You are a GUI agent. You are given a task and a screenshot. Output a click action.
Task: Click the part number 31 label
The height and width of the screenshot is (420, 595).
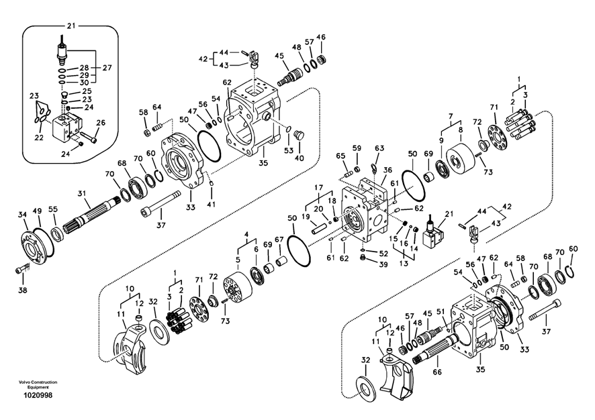[83, 194]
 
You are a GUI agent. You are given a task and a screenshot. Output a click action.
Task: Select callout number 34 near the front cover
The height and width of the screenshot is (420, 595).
[22, 215]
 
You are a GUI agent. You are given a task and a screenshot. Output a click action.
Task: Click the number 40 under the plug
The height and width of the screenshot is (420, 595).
[300, 158]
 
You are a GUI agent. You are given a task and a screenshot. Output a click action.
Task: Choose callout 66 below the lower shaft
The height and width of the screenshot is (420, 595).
[438, 371]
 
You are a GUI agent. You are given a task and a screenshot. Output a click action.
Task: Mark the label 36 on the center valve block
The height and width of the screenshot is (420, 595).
[387, 170]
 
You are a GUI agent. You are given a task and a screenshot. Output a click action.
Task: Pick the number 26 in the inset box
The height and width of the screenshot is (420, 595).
[101, 122]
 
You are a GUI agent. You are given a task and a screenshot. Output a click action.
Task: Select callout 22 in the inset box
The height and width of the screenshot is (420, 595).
[39, 138]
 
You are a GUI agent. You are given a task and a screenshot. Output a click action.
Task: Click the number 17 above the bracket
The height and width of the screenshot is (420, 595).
[319, 187]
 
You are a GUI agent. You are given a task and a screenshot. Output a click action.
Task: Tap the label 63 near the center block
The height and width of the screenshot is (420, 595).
[379, 148]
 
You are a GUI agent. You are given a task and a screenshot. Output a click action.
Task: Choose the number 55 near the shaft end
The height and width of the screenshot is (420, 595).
[53, 209]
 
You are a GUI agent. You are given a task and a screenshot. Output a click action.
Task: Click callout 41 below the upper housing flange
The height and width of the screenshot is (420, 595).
[212, 203]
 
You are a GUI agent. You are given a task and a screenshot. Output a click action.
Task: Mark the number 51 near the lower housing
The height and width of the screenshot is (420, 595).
[441, 311]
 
